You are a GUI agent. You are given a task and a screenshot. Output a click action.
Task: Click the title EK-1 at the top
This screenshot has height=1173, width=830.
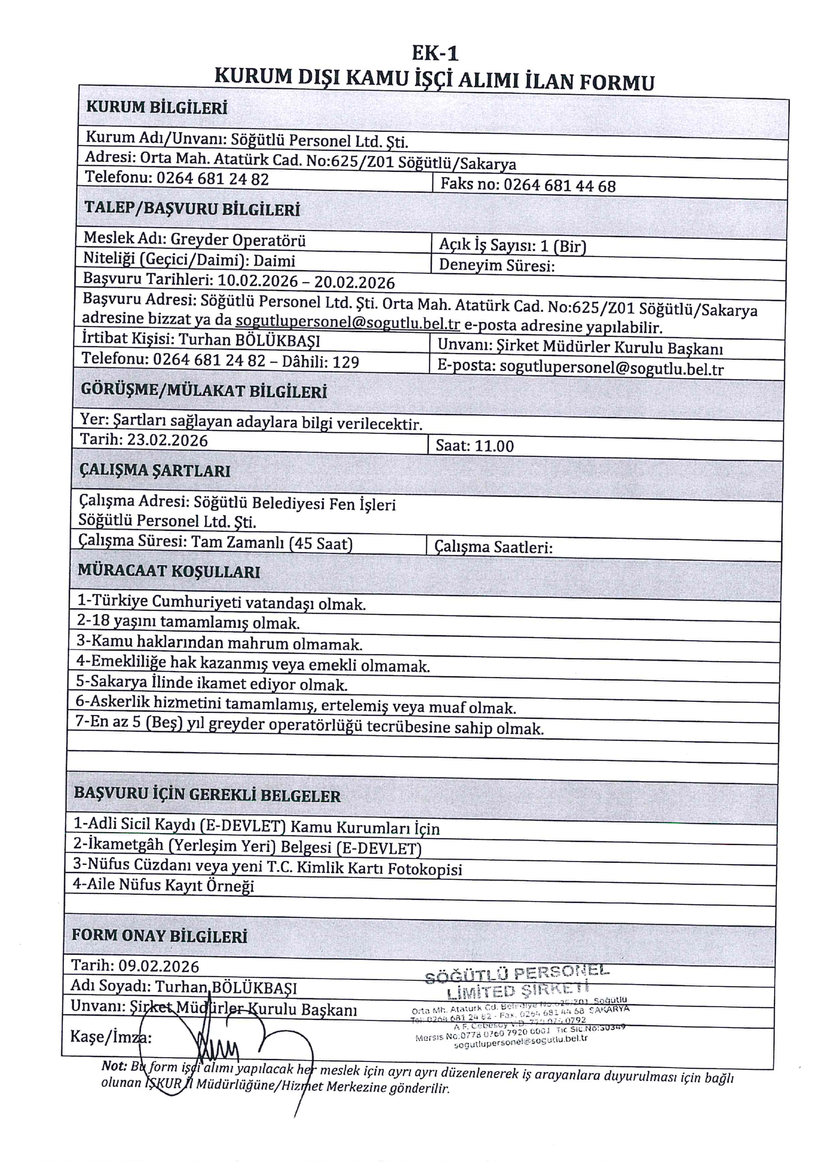point(435,53)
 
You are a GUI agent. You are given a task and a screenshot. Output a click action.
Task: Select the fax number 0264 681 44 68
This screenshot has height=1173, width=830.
point(560,185)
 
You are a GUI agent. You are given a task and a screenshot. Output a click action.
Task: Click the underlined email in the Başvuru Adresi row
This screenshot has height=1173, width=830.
point(348,324)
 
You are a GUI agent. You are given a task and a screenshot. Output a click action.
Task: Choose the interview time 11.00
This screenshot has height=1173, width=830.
point(495,446)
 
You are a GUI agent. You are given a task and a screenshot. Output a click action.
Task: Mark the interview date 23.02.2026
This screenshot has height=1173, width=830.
point(167,440)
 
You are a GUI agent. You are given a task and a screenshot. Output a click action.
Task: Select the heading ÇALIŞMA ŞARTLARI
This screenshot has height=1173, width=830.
point(155,470)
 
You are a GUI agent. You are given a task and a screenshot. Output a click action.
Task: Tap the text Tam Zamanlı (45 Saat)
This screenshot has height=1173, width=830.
point(272,543)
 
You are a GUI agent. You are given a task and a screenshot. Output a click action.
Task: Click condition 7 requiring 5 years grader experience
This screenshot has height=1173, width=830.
point(309,727)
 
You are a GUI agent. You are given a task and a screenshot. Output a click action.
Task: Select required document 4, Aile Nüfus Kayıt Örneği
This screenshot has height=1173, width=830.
point(163,885)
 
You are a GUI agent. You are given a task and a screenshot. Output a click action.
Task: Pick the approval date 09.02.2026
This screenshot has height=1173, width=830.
point(159,966)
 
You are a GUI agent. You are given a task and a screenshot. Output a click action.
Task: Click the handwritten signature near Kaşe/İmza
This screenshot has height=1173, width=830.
point(220,1047)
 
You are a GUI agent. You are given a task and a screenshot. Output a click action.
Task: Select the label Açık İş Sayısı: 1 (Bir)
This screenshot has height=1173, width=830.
point(512,246)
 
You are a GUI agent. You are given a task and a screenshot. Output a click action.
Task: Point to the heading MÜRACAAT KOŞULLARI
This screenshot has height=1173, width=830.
point(169,571)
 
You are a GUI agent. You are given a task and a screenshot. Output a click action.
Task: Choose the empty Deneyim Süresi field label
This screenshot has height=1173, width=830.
point(496,266)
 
